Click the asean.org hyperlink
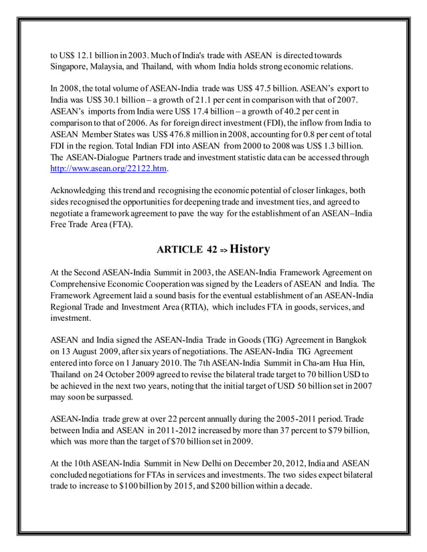click(x=108, y=169)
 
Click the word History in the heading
click(x=250, y=250)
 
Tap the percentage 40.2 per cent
click(x=306, y=111)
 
